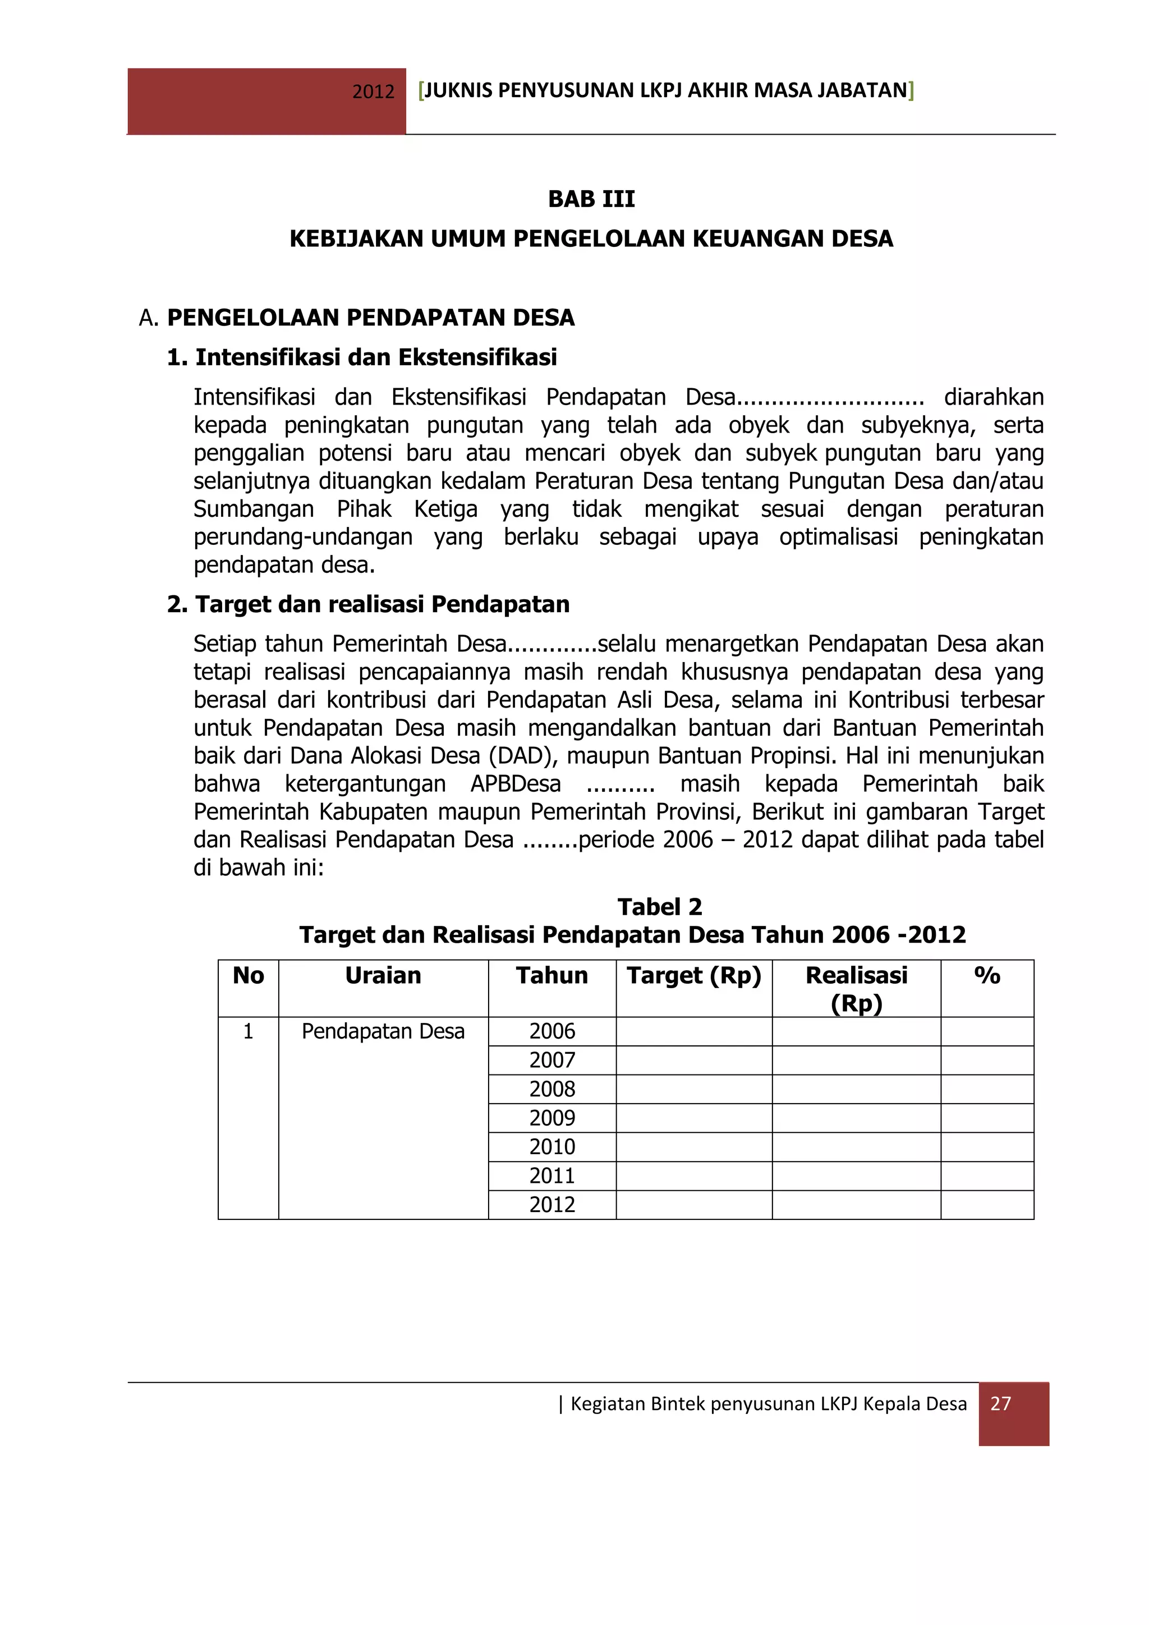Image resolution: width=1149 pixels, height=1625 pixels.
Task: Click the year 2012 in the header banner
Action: tap(373, 92)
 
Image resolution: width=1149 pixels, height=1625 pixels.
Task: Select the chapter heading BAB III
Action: tap(591, 199)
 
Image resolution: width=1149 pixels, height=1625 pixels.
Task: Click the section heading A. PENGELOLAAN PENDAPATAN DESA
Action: tap(357, 317)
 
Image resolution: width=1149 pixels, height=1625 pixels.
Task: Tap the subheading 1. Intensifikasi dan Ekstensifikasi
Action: tap(361, 357)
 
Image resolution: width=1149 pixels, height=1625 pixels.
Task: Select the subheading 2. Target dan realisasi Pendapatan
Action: tap(368, 604)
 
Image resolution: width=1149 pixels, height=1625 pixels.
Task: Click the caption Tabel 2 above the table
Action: tap(659, 907)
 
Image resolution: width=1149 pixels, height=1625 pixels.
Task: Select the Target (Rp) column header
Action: tap(693, 975)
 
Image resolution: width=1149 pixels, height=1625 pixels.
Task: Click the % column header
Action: tap(987, 975)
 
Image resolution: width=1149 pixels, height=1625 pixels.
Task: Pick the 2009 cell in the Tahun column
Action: tap(552, 1118)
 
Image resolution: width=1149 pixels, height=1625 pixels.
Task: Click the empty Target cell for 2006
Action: tap(693, 1031)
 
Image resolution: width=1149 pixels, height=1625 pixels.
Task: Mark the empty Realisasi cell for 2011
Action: tap(856, 1176)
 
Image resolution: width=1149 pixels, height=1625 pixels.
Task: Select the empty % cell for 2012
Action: tap(987, 1205)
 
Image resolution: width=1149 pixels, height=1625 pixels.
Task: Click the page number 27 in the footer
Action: tap(1000, 1403)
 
